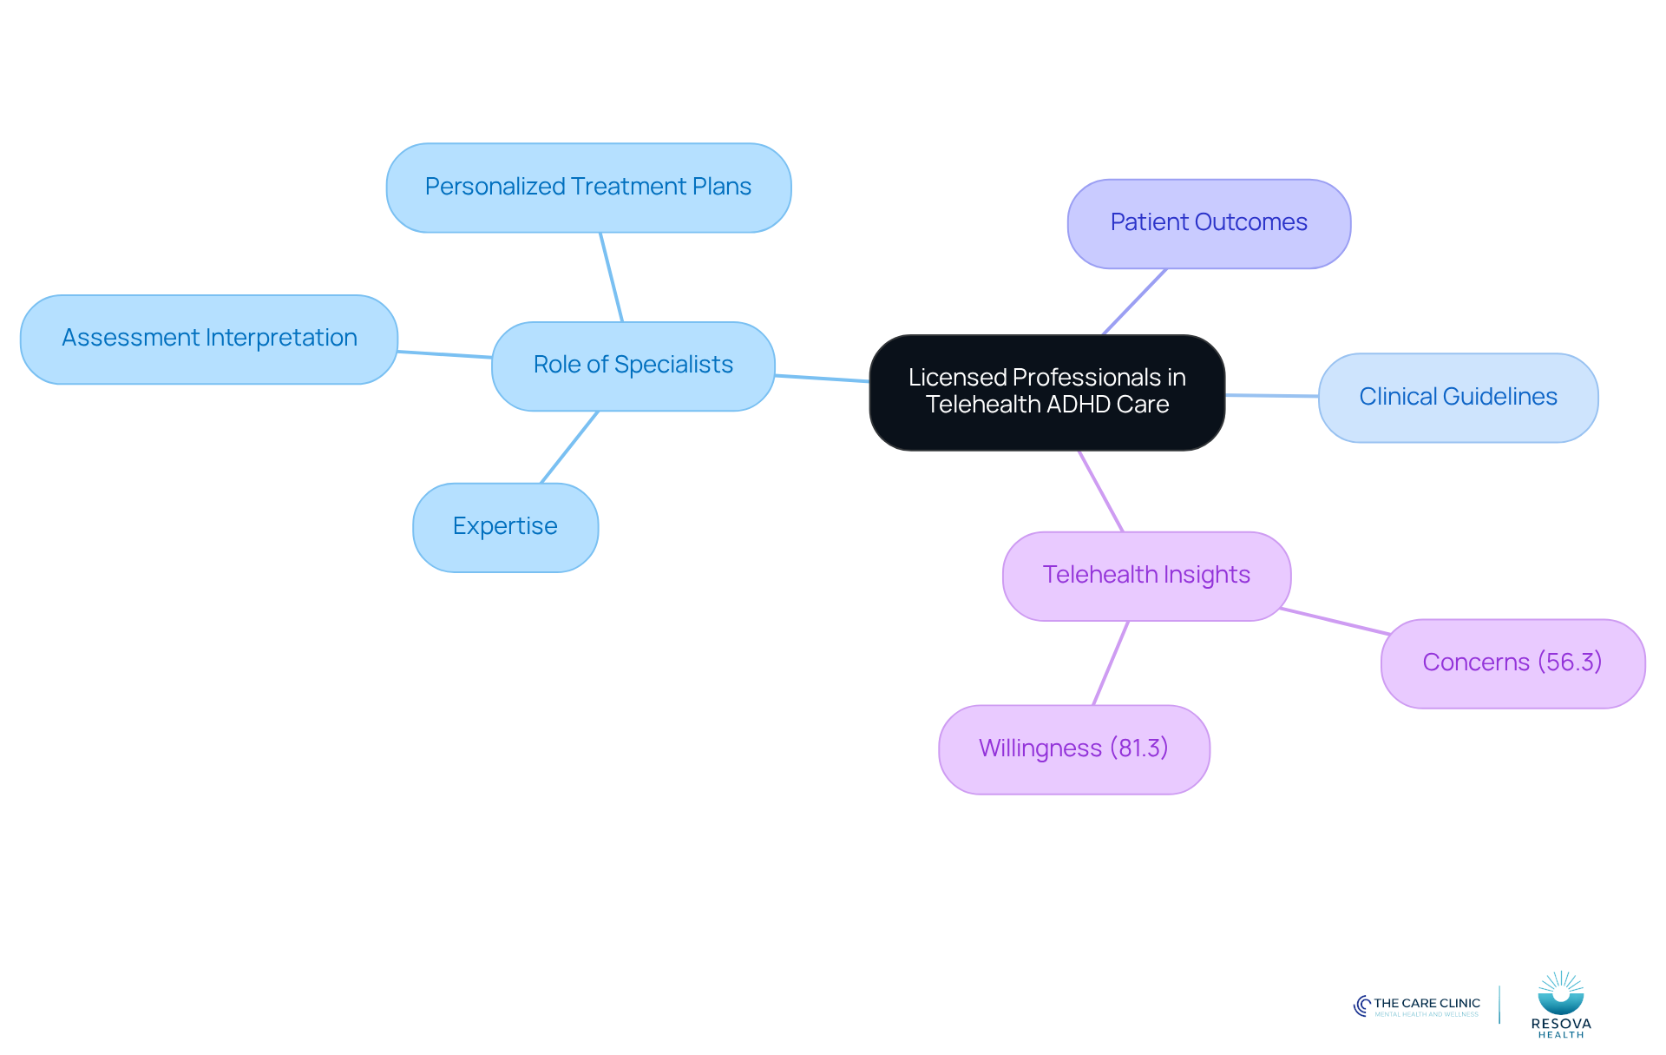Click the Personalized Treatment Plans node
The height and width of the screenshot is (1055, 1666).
pos(588,188)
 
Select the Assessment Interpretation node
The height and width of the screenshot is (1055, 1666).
pos(209,339)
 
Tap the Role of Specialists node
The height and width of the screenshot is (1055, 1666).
pos(633,366)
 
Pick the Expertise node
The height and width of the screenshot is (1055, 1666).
pos(506,527)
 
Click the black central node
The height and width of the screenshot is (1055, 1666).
pos(1047,392)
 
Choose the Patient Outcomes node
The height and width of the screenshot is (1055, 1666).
pos(1209,223)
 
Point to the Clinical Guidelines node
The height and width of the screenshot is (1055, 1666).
pos(1459,398)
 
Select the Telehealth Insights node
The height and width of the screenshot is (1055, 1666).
pos(1147,576)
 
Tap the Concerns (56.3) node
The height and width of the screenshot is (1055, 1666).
pos(1513,663)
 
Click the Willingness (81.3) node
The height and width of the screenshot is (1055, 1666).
pos(1074,749)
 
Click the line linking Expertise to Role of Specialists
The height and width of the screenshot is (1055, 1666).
pos(570,446)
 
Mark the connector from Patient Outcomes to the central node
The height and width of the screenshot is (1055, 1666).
pos(1135,301)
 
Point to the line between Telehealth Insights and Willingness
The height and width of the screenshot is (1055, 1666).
pos(1111,663)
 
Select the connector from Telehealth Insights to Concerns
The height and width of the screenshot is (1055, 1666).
pos(1335,621)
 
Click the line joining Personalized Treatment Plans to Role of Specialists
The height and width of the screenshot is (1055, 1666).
pos(612,277)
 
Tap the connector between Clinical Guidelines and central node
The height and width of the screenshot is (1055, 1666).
pos(1272,395)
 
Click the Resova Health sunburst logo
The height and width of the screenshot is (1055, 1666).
pos(1561,992)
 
